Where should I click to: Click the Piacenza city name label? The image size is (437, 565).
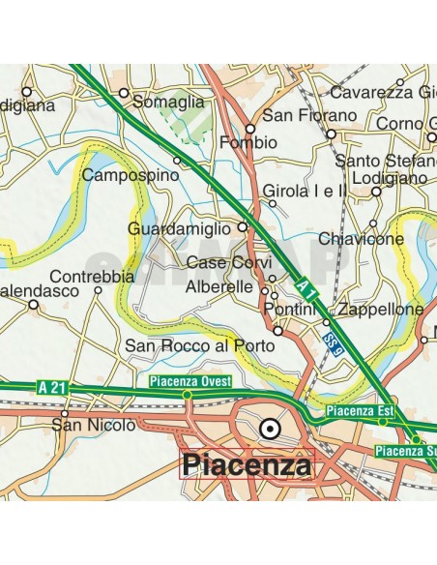tap(248, 465)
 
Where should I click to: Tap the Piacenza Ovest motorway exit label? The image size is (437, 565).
tap(186, 381)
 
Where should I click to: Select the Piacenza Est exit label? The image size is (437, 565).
tap(361, 411)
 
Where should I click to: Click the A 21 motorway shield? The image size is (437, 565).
tap(55, 388)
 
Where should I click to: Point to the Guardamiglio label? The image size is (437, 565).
tap(180, 229)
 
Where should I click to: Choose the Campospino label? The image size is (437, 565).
tap(131, 176)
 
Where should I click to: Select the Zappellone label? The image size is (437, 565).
tap(383, 309)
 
